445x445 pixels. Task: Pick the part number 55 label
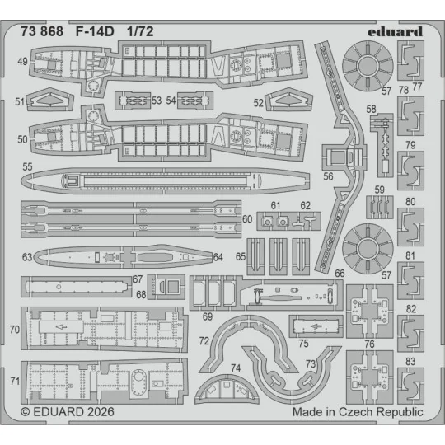(27, 167)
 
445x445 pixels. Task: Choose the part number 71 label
(14, 382)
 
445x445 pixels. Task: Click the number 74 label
(236, 368)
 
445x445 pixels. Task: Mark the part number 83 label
(410, 361)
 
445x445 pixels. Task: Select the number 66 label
(339, 272)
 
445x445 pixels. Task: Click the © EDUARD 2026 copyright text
(67, 410)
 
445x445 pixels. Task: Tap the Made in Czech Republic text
(358, 410)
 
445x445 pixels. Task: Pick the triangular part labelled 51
(54, 102)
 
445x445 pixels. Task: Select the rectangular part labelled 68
(171, 288)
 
